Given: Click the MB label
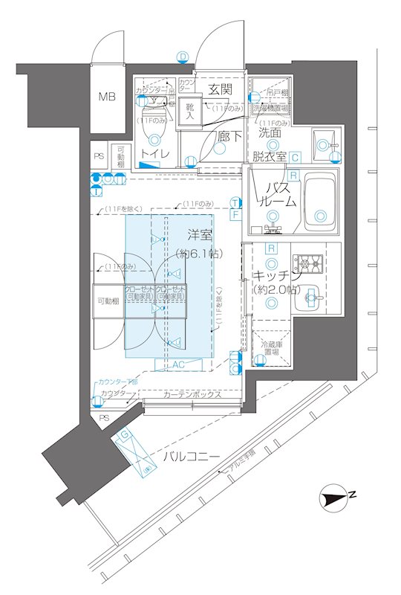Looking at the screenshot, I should [x=108, y=97].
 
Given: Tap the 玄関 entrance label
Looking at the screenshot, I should [x=220, y=89].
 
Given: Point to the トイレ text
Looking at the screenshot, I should [x=156, y=154].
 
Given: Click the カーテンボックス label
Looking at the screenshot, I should [x=192, y=394].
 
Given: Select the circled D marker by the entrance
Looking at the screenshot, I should [x=183, y=56].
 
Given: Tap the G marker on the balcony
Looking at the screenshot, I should [x=126, y=434].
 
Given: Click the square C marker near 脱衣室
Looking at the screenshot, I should [x=295, y=157].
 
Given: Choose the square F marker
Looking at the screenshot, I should [x=235, y=215].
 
